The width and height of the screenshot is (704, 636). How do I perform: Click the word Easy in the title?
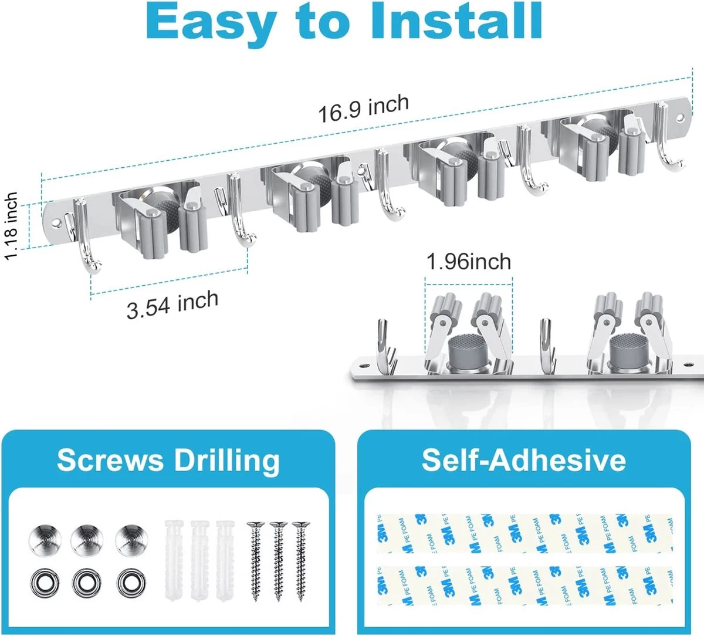click(210, 25)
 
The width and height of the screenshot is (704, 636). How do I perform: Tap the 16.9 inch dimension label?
click(364, 109)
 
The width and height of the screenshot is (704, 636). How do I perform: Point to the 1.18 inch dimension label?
click(11, 226)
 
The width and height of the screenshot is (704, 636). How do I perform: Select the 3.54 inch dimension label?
click(172, 305)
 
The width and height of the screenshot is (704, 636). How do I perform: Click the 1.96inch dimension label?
click(469, 262)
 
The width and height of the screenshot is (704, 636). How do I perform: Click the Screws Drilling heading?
click(168, 461)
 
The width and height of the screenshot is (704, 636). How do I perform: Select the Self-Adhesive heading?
click(524, 460)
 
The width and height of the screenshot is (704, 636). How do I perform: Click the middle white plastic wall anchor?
click(199, 561)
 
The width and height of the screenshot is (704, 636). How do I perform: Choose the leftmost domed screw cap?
click(45, 540)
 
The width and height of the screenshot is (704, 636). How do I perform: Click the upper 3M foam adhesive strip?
click(525, 533)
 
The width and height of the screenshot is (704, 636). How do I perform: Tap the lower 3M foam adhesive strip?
click(525, 585)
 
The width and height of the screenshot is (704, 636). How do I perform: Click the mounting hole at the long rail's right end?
click(681, 117)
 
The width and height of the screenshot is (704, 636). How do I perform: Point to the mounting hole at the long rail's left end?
click(56, 223)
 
